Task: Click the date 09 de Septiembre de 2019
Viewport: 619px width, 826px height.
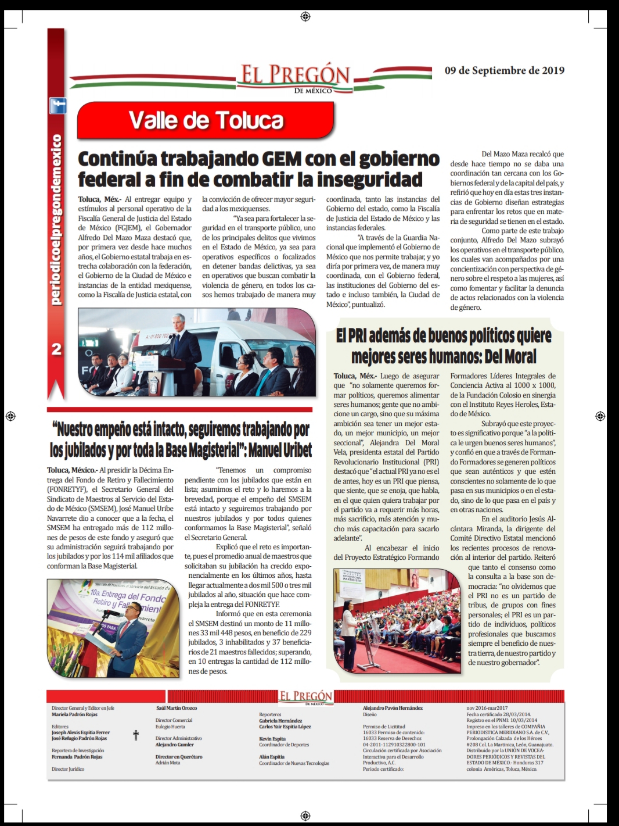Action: pos(504,70)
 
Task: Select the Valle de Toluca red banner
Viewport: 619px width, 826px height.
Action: pos(206,120)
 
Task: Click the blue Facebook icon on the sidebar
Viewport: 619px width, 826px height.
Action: pos(57,106)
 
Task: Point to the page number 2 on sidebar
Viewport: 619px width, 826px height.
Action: pos(56,349)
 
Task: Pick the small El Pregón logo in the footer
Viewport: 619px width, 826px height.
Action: pos(306,697)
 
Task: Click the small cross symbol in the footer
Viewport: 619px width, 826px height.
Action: pos(136,735)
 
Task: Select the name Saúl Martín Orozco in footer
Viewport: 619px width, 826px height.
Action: pos(177,708)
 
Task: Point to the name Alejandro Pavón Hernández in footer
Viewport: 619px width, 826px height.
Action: pos(393,708)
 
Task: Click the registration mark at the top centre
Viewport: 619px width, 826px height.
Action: pos(305,16)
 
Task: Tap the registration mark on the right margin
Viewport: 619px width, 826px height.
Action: pos(600,416)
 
